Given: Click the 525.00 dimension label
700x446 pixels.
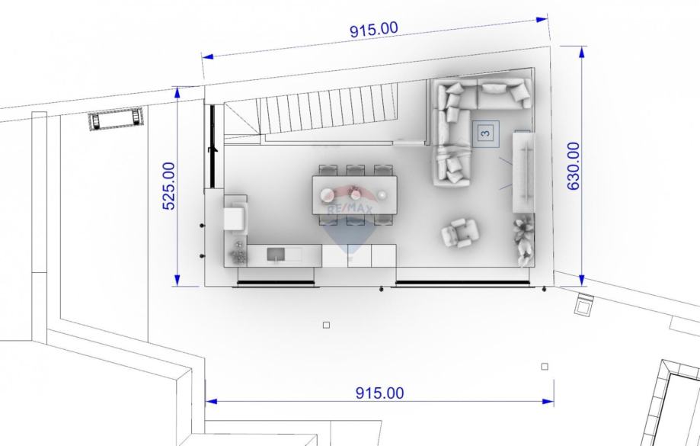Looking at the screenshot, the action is coord(169,186).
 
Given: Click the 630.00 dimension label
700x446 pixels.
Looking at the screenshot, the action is coord(574,165).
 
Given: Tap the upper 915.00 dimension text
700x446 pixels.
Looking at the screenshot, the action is coord(374,30).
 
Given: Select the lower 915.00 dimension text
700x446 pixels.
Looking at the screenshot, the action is coord(379,393).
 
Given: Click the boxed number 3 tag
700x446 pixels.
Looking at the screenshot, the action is coord(486,133).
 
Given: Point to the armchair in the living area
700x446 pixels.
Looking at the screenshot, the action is coord(460,232).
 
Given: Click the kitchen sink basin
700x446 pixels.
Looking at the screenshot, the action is coord(276,255).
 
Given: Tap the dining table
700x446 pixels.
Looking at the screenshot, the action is coord(354,195).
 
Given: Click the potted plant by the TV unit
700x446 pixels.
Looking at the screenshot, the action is coord(523,239).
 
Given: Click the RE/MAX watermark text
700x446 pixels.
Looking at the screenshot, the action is coord(350,208).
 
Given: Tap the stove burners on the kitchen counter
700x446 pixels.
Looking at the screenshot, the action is coord(238,252).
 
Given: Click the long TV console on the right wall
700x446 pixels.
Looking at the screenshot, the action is coord(523,172).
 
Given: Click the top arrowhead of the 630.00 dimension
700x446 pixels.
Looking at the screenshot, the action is coord(582,53).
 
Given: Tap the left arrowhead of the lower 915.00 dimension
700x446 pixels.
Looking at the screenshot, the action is coord(211,401).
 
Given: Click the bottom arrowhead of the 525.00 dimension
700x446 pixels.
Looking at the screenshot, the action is coord(177,281).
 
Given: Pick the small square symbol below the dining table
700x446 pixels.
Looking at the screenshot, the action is coord(326,325).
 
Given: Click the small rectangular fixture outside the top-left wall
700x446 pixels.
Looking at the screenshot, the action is coord(116,119).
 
